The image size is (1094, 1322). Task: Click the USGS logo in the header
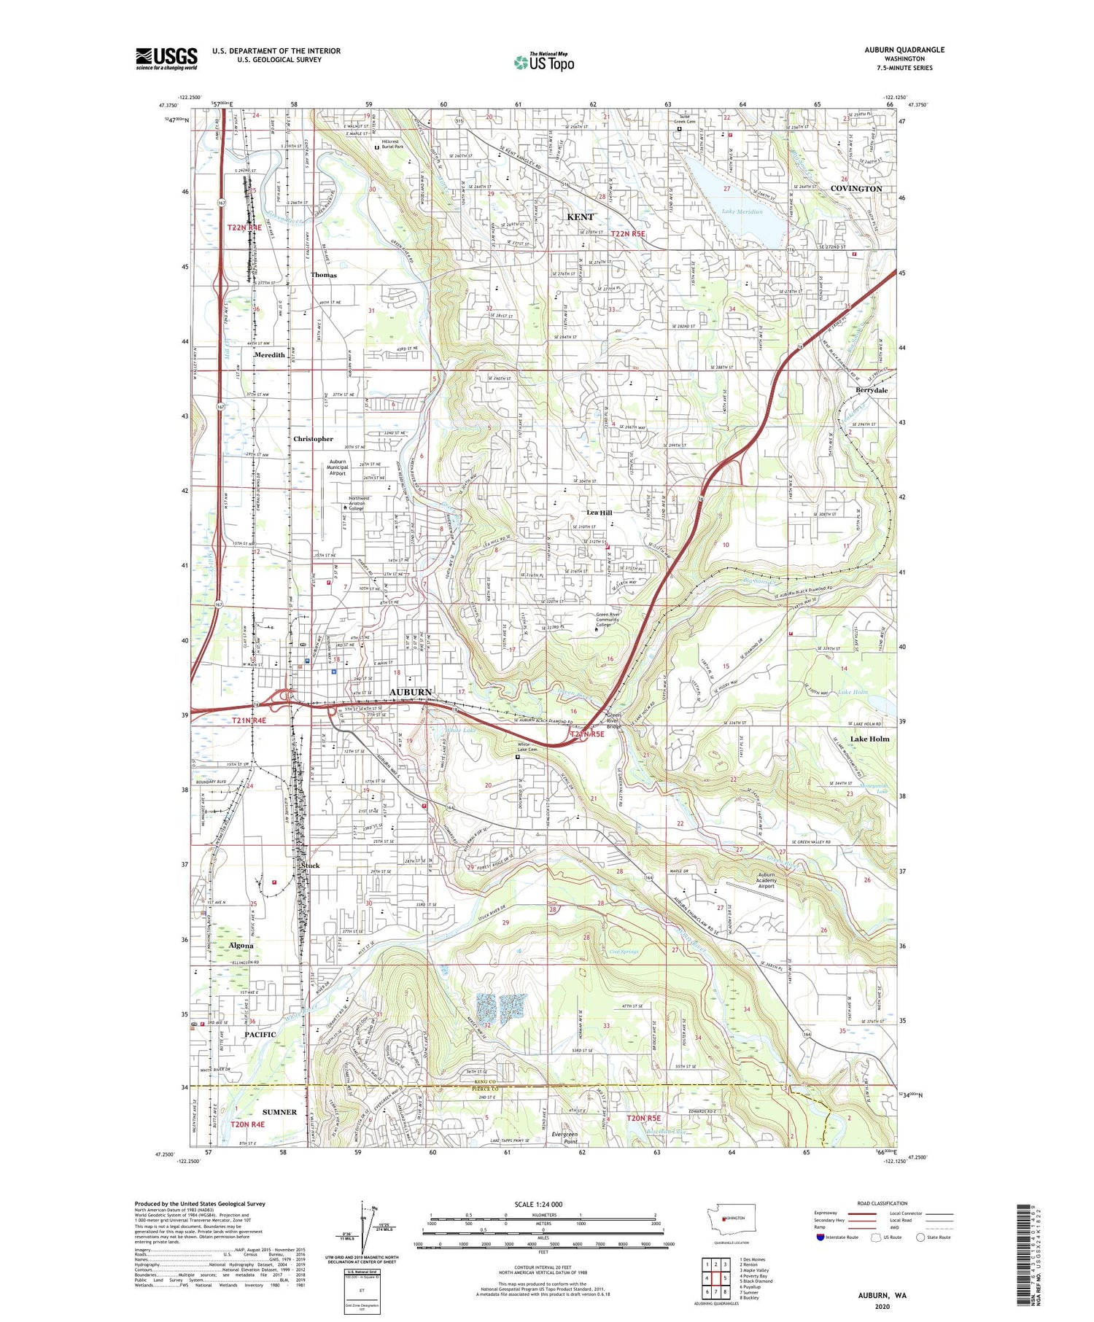(x=166, y=58)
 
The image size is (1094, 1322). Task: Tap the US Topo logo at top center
(x=543, y=62)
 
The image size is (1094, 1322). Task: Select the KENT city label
(x=581, y=217)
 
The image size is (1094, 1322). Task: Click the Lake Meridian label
(x=742, y=212)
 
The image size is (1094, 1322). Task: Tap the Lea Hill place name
(x=600, y=513)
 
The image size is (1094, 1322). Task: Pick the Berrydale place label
(x=872, y=390)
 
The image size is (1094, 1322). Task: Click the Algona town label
(x=241, y=946)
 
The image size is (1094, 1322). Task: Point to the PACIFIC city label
(x=260, y=1035)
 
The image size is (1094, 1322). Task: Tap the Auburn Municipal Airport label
(x=338, y=467)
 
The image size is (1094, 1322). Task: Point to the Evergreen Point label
(x=565, y=1138)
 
